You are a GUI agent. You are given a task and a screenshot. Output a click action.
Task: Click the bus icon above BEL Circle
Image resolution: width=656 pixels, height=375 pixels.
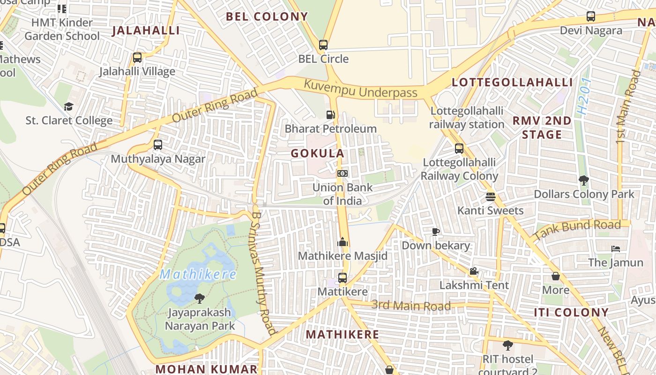click(323, 45)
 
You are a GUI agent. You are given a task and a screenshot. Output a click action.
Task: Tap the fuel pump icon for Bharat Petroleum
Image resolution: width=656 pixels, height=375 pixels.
click(331, 114)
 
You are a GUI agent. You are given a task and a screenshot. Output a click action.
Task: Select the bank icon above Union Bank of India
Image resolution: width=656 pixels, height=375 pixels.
click(343, 173)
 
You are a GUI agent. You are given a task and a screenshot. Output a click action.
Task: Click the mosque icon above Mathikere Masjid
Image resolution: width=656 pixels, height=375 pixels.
click(343, 242)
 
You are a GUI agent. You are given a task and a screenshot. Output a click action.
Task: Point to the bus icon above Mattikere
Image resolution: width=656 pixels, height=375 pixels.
click(343, 277)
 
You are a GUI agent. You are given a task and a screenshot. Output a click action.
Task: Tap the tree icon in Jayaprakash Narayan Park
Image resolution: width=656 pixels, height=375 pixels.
click(200, 298)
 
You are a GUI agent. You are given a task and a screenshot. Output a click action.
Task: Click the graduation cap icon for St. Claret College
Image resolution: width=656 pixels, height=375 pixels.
click(69, 106)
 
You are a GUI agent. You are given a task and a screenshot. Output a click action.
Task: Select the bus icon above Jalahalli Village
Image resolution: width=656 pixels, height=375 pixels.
click(137, 58)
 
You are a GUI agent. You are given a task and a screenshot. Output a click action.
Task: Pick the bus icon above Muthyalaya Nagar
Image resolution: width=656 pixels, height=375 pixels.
click(158, 144)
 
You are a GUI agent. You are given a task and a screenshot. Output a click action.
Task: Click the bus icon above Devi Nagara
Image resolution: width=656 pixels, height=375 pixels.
click(591, 16)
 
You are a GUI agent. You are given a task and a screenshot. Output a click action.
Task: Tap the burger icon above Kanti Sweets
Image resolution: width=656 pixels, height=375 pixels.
click(491, 196)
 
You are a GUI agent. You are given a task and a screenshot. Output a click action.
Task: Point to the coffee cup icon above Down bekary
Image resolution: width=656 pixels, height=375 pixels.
click(436, 232)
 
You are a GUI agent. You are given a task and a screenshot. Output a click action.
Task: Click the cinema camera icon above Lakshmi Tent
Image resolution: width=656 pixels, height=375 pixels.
click(474, 271)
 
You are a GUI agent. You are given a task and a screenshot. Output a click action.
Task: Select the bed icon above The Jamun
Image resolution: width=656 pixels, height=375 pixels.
click(616, 248)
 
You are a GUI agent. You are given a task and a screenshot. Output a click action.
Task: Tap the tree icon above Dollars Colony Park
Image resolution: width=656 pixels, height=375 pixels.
click(584, 180)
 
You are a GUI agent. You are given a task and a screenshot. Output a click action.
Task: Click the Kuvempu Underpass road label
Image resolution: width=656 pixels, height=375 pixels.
click(360, 89)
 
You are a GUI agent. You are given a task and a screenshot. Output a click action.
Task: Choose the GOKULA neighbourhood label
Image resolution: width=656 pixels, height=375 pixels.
click(318, 153)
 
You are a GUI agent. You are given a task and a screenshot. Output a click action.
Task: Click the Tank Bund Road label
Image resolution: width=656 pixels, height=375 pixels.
click(577, 230)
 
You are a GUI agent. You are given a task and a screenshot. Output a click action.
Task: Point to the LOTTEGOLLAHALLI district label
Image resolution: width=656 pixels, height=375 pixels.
click(512, 82)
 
